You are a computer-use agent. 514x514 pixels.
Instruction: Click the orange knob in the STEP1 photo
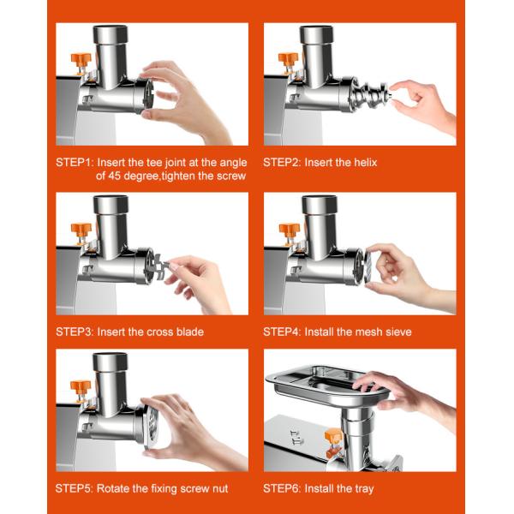coord(81,60)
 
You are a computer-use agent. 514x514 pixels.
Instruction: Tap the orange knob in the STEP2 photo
coord(288,59)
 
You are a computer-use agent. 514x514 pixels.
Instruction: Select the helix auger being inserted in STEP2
coord(370,94)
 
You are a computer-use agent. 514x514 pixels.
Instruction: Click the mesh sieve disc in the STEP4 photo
coord(368,268)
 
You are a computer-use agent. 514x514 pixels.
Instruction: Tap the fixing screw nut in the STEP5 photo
coord(152,425)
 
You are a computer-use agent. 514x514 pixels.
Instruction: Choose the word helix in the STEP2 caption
coord(366,162)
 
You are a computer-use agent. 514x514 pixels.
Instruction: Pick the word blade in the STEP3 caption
coord(190,332)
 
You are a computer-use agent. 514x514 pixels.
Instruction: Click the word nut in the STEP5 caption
coord(220,488)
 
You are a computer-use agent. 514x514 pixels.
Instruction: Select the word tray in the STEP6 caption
coord(364,489)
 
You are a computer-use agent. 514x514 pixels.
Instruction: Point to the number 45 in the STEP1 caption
coord(115,176)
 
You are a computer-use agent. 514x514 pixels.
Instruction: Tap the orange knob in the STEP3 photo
coord(81,230)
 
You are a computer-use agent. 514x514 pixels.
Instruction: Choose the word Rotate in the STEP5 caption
coord(113,488)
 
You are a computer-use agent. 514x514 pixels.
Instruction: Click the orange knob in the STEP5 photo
coord(80,387)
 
